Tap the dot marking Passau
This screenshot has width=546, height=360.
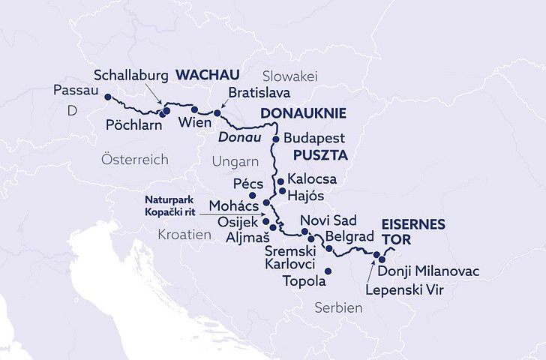(x=107, y=97)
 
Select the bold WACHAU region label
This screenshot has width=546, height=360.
(x=207, y=75)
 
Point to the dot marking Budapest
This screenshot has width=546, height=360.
(x=275, y=139)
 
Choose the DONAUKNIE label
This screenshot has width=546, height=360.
(x=303, y=114)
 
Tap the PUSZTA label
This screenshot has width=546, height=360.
(x=321, y=157)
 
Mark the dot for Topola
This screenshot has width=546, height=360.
(x=327, y=270)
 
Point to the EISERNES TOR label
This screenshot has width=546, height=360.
(x=413, y=231)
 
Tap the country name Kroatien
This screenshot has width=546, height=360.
(x=184, y=235)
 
